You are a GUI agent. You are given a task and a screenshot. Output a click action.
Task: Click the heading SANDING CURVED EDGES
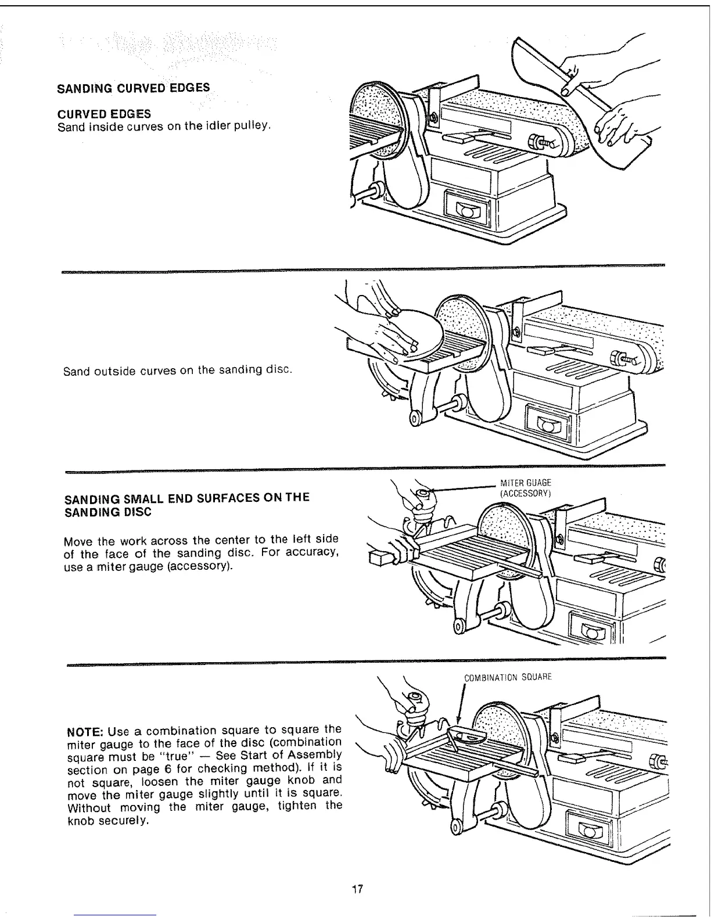133,89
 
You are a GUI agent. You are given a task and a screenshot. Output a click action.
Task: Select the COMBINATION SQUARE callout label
508,677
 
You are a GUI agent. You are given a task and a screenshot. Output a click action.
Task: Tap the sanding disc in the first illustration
375,122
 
